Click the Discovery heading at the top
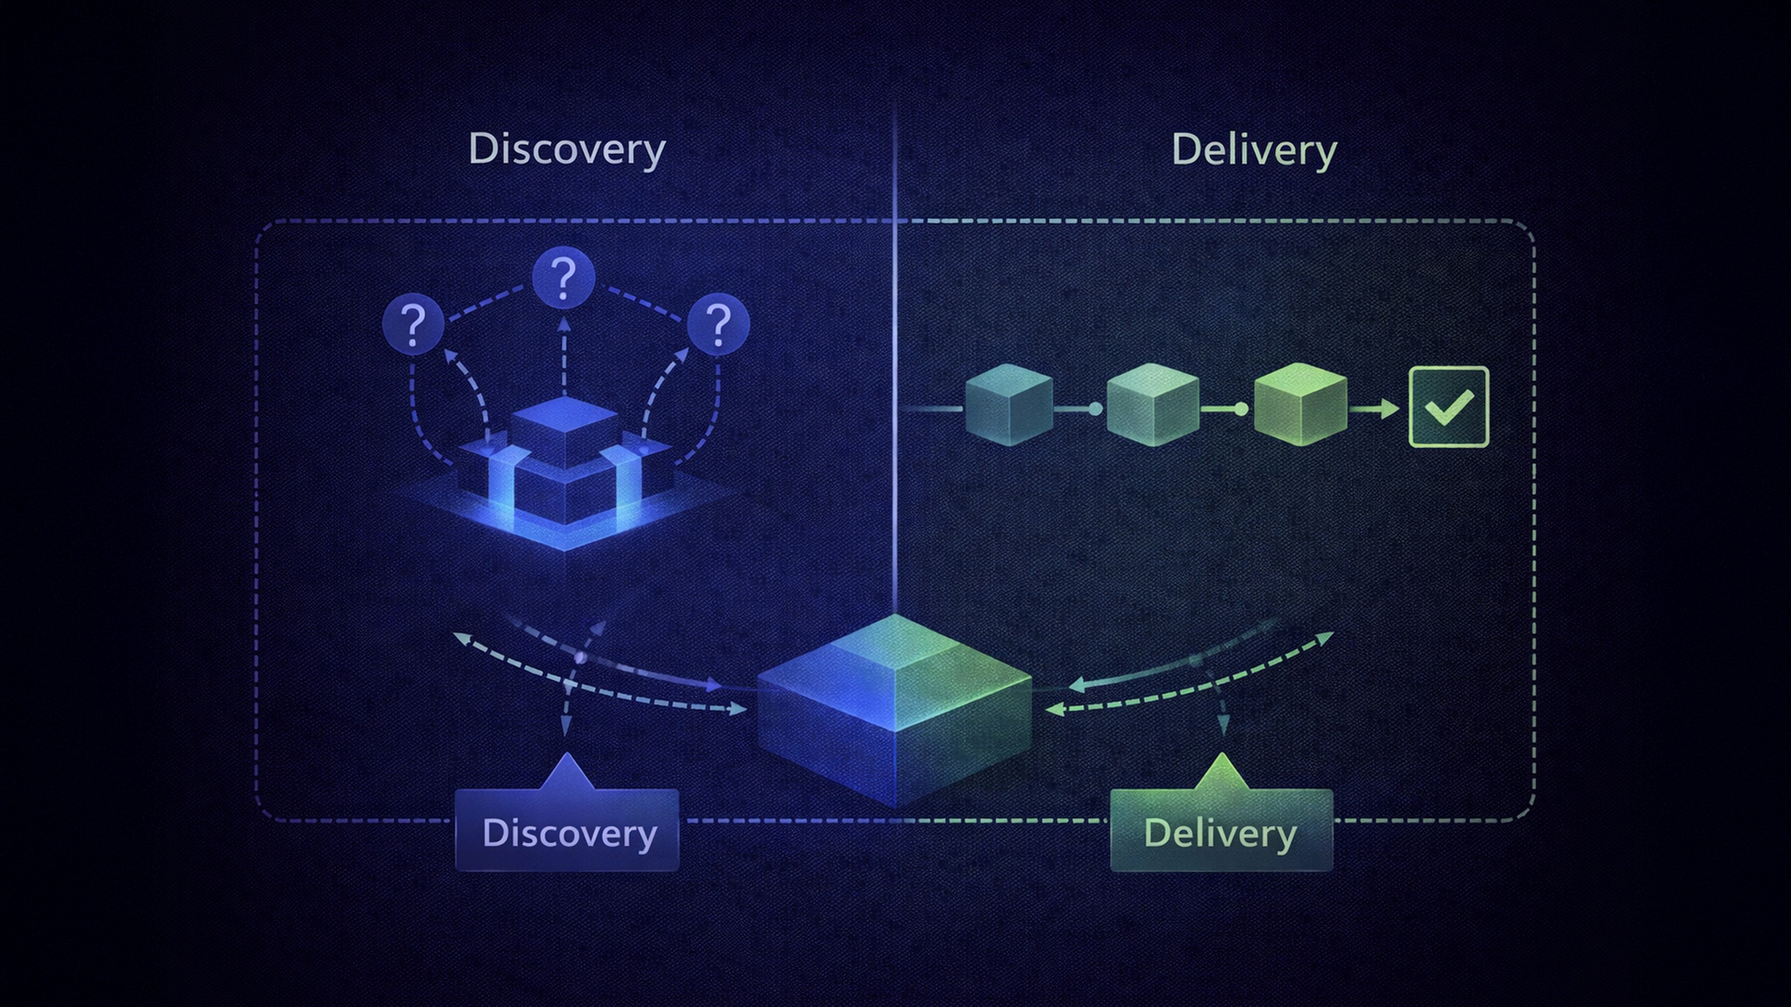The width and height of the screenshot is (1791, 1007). point(567,150)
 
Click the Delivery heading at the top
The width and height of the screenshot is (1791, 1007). point(1254,150)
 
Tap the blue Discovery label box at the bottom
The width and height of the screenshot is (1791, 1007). point(567,832)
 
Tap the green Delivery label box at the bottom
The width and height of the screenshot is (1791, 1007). point(1221,832)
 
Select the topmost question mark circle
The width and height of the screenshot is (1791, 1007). point(563,277)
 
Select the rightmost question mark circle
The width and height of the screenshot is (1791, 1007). point(718,324)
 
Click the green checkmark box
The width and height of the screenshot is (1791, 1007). point(1449,407)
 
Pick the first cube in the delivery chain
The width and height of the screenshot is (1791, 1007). point(1009,405)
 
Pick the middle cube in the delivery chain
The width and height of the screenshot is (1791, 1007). point(1152,405)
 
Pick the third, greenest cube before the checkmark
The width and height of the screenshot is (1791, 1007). point(1300,405)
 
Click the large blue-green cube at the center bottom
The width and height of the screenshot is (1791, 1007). point(895,709)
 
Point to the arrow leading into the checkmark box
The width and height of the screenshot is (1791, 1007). point(1375,409)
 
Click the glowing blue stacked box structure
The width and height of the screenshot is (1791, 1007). point(565,473)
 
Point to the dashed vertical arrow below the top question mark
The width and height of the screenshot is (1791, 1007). point(564,358)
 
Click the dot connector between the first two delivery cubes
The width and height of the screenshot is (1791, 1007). point(1095,409)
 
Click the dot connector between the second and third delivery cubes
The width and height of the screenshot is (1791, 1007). point(1241,409)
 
